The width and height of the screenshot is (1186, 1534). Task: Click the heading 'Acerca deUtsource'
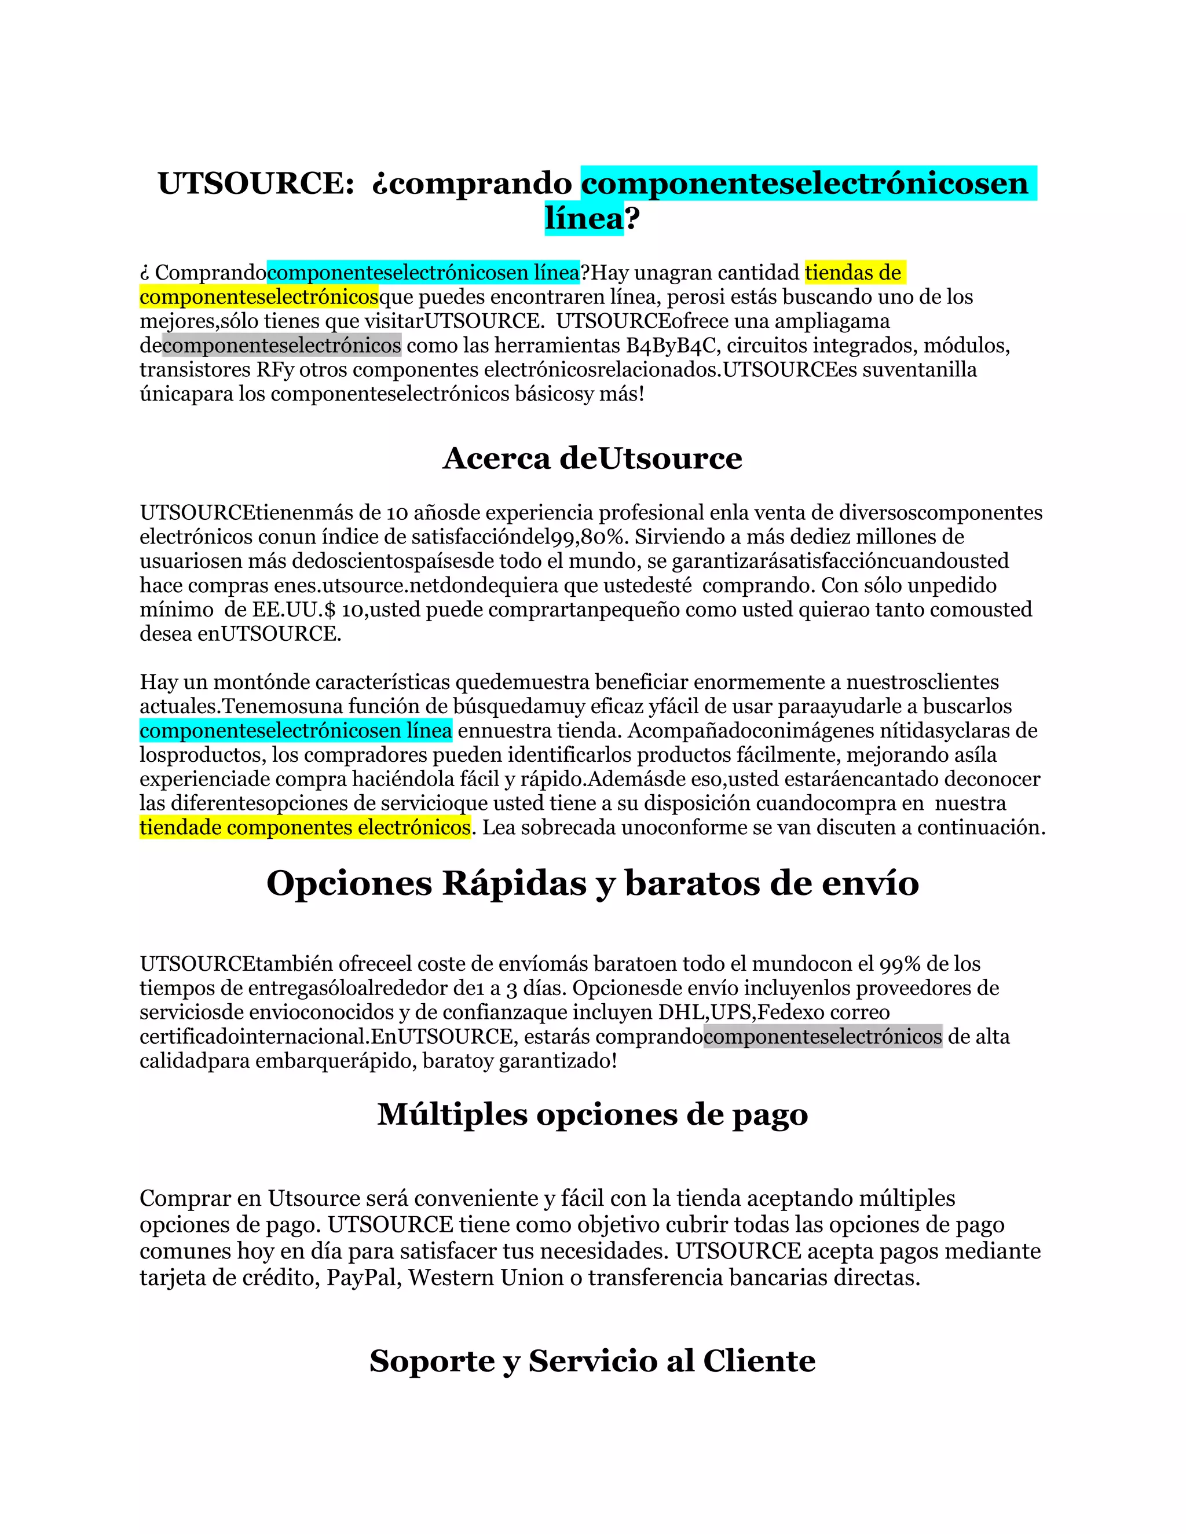592,458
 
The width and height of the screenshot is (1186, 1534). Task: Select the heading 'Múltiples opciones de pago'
592,1115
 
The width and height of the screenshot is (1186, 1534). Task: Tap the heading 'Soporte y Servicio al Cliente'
592,1360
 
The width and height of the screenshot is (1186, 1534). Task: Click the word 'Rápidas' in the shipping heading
514,883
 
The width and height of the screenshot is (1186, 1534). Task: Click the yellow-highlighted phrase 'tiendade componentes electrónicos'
305,827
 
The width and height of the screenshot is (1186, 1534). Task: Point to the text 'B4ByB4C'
672,346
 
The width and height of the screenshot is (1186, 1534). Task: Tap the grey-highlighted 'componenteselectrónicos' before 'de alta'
822,1036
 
